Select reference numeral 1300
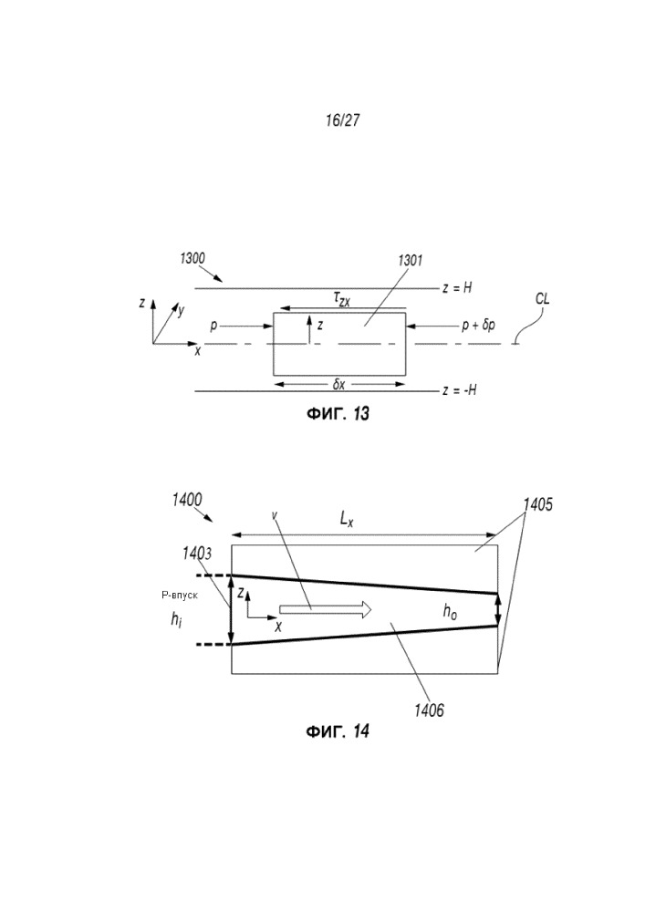(192, 258)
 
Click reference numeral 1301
(410, 261)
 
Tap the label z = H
(455, 287)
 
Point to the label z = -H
(459, 390)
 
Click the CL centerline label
(542, 299)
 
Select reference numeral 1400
(187, 500)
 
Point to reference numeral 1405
(539, 503)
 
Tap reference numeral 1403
(197, 552)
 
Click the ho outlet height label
(451, 614)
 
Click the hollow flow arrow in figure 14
(325, 609)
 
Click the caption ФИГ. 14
(336, 731)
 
